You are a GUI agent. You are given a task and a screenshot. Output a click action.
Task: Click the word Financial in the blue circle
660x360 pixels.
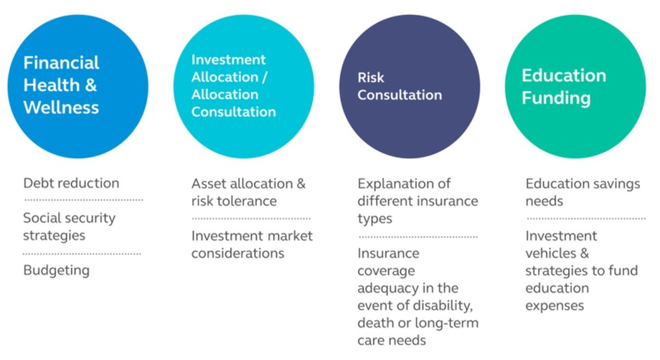[61, 63]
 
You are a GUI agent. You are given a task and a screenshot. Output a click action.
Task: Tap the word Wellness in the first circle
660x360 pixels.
[61, 108]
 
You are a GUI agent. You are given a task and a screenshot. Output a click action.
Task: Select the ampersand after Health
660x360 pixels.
[91, 85]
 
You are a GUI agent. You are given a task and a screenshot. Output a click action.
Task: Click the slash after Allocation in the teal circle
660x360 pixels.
[264, 77]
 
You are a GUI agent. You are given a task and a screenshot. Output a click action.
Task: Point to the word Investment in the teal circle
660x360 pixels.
[229, 60]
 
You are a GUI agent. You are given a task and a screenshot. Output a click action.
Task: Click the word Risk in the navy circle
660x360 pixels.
[371, 77]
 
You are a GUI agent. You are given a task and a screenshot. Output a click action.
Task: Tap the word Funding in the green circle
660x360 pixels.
[556, 98]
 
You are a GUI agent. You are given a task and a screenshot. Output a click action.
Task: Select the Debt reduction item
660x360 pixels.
[71, 183]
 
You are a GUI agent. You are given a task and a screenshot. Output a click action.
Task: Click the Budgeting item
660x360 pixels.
[57, 270]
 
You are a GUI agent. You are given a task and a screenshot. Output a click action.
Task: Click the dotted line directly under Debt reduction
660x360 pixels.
[83, 200]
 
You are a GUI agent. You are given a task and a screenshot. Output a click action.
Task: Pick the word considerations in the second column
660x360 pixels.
[238, 253]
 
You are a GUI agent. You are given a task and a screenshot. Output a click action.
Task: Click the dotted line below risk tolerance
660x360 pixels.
[251, 219]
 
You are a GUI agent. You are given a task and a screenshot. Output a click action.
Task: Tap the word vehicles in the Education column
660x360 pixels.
[550, 253]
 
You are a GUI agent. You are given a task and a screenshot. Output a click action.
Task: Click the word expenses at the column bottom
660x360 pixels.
[555, 306]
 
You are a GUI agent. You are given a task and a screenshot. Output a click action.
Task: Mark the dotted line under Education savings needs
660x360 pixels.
[586, 219]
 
